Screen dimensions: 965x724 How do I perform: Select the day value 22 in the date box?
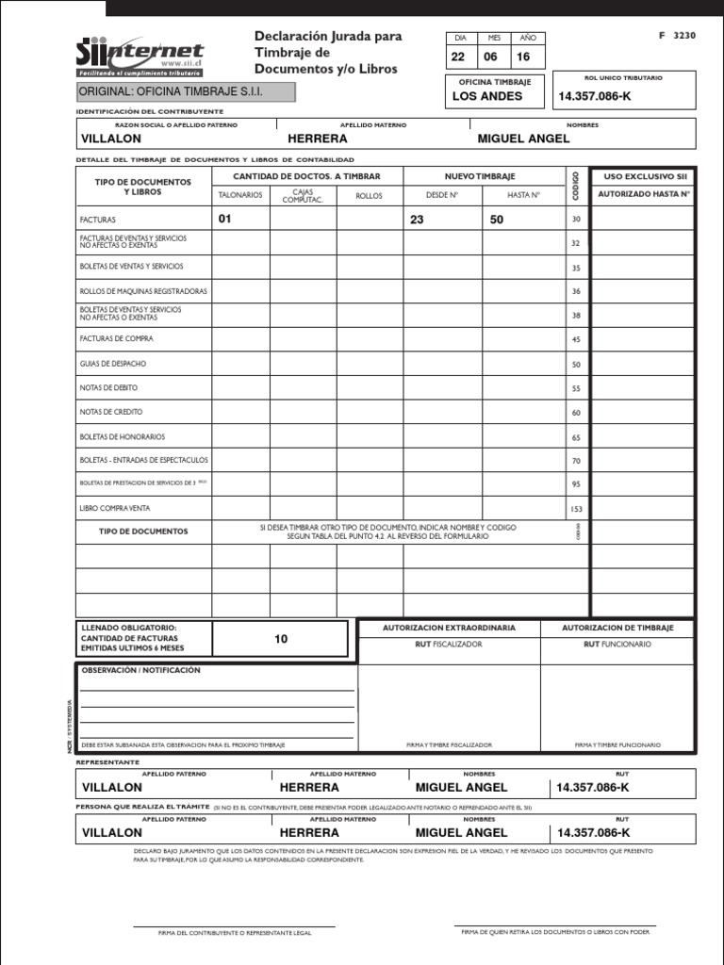(460, 57)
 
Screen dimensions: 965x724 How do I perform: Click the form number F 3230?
(678, 35)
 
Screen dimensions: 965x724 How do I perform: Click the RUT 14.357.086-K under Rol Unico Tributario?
(595, 97)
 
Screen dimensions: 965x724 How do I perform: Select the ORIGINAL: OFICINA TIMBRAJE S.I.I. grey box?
(185, 91)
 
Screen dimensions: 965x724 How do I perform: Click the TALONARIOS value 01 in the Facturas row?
(224, 220)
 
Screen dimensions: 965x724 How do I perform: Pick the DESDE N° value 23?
(417, 220)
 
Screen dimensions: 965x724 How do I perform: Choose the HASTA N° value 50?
(496, 220)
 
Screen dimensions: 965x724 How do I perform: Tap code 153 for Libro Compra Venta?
(576, 509)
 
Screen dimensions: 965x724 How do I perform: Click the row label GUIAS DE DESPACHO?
(113, 364)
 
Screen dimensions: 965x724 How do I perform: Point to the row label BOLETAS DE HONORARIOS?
(123, 436)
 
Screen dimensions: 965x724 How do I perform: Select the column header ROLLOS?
(369, 196)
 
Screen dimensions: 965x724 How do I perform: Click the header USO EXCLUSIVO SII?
(643, 176)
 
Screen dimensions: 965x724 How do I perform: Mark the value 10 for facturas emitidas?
(281, 639)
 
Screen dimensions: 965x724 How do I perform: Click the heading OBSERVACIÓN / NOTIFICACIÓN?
(141, 670)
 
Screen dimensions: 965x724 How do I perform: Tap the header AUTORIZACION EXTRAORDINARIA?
(449, 628)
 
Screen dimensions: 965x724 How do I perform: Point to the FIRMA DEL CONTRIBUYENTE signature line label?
(234, 933)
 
